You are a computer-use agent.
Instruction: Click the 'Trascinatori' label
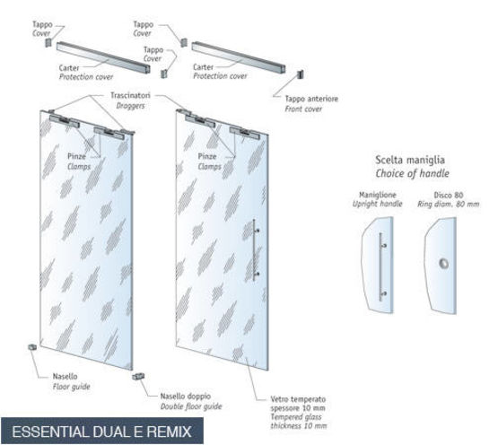(x=130, y=95)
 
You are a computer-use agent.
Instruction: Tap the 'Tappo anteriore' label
(x=311, y=99)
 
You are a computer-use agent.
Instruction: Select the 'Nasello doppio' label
(x=186, y=396)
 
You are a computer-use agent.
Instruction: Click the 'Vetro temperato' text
(x=298, y=399)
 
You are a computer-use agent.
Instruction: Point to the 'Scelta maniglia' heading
(x=410, y=160)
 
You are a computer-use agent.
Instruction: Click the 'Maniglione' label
(x=378, y=195)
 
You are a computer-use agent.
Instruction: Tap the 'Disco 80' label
(x=449, y=195)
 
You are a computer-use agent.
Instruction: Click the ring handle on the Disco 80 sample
(x=443, y=263)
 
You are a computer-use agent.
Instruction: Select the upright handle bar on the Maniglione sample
(x=380, y=266)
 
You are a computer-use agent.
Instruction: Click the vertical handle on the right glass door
(x=255, y=250)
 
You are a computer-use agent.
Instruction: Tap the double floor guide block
(x=138, y=377)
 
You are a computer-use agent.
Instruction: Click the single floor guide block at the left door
(x=32, y=347)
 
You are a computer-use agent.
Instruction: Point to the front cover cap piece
(x=300, y=74)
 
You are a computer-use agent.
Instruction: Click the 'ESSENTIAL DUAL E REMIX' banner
(x=102, y=432)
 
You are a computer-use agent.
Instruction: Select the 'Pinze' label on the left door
(x=76, y=156)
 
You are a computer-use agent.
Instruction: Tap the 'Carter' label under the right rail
(x=204, y=67)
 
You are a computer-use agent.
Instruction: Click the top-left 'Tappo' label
(x=42, y=24)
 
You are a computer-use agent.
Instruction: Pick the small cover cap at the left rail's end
(x=48, y=42)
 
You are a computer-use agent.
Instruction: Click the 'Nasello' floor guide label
(x=66, y=377)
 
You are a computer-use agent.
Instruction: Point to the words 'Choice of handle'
(x=412, y=173)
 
